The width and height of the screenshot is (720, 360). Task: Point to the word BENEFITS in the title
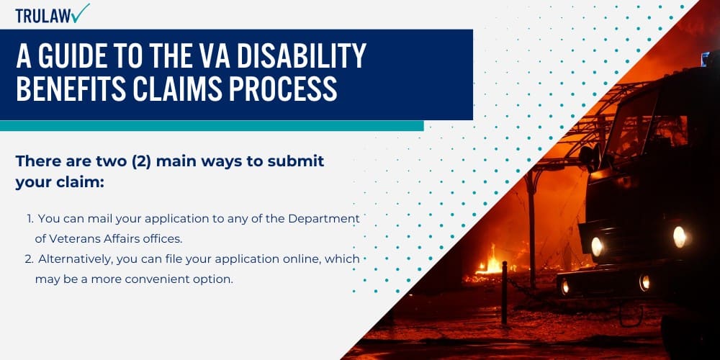click(66, 89)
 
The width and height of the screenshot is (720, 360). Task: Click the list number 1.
click(30, 217)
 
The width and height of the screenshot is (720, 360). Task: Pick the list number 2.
click(30, 259)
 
